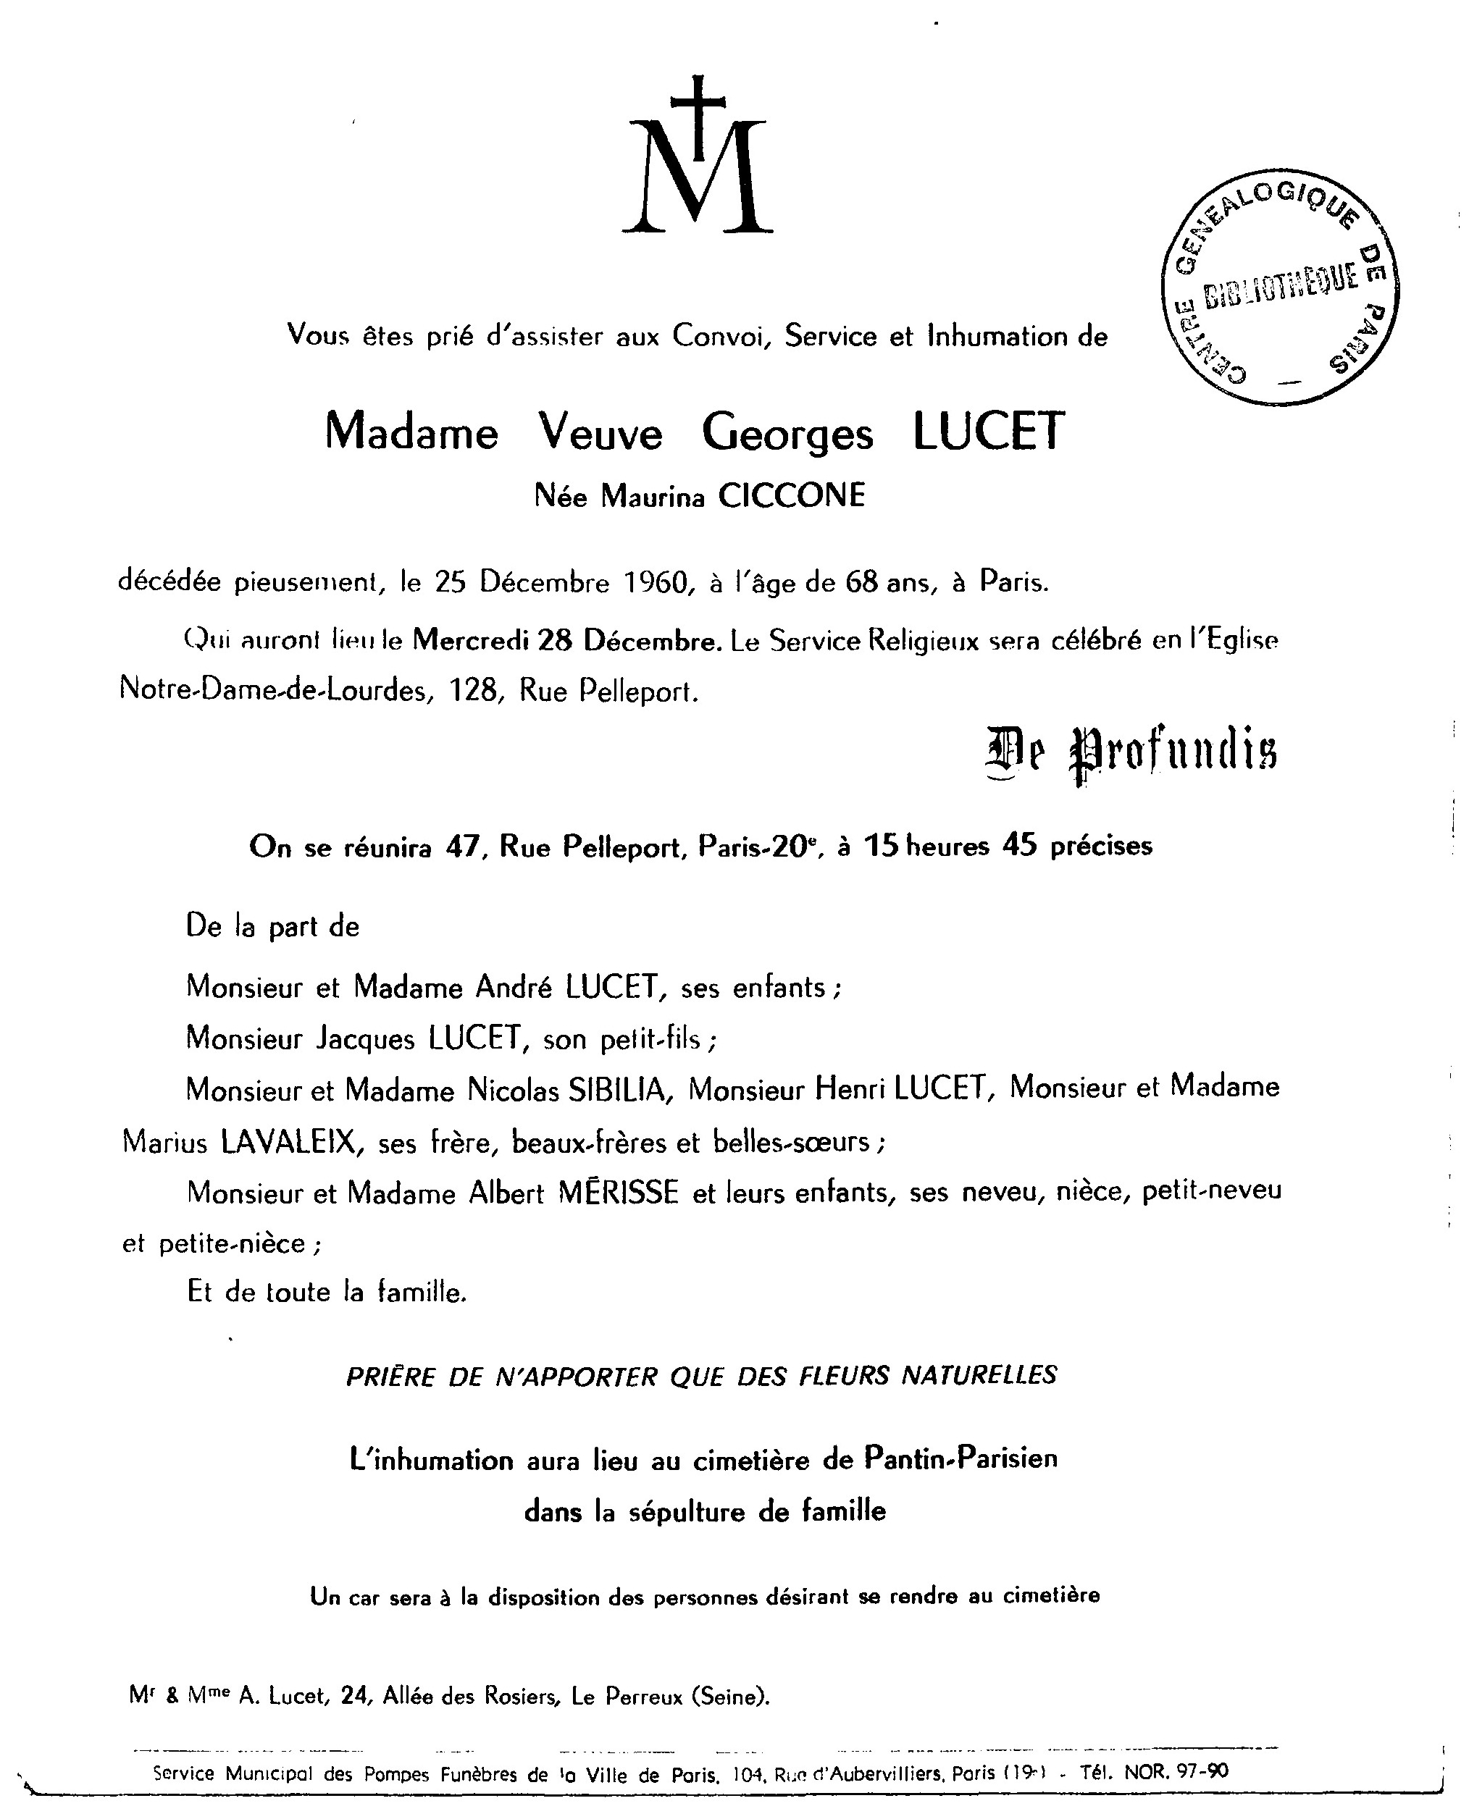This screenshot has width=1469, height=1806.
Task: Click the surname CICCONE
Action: click(791, 496)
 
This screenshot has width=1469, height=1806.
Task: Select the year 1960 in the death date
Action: click(653, 583)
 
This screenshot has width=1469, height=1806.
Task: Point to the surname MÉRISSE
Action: click(618, 1193)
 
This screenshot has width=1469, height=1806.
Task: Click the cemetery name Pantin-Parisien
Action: click(960, 1459)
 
